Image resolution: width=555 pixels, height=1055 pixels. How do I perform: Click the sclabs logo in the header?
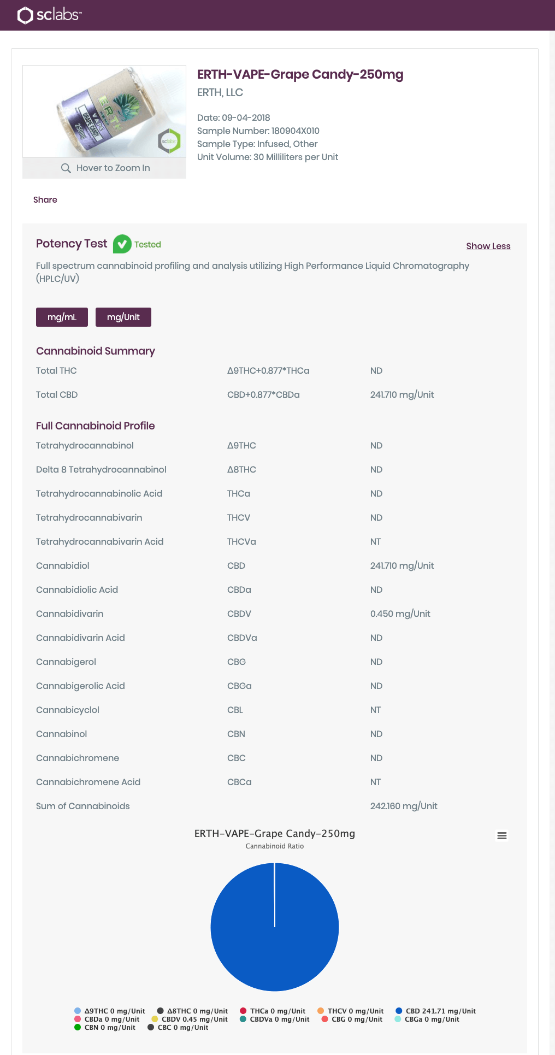click(49, 15)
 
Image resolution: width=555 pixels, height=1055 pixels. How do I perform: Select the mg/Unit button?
click(123, 317)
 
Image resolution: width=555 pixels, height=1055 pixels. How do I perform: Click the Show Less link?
click(488, 246)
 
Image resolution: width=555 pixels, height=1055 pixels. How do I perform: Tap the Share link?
click(45, 199)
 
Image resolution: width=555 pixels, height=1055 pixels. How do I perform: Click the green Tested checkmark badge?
click(122, 244)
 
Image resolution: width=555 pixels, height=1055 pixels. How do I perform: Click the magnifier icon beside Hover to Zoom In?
click(66, 168)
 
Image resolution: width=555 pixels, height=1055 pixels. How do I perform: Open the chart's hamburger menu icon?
click(501, 835)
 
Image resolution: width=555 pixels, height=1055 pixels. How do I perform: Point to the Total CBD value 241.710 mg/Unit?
click(402, 394)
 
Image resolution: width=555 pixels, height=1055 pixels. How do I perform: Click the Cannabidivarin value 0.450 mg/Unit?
click(400, 614)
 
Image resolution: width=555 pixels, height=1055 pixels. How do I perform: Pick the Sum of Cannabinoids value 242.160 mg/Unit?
click(403, 806)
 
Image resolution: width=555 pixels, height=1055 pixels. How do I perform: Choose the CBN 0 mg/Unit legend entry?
click(105, 1027)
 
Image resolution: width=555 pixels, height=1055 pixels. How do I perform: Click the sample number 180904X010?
click(295, 131)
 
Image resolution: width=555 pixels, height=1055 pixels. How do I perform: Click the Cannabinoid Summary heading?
click(96, 351)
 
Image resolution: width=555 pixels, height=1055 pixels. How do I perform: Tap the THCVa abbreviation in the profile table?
click(241, 541)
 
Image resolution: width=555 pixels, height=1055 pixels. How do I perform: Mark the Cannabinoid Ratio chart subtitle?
click(274, 846)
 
